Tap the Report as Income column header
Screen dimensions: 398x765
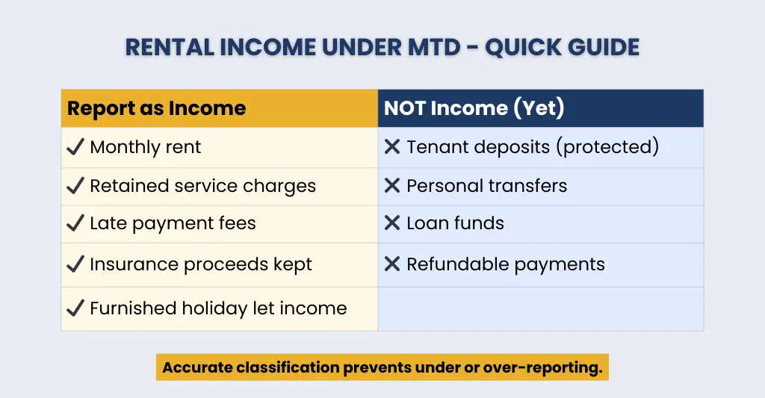[156, 108]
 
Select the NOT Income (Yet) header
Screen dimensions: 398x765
[474, 108]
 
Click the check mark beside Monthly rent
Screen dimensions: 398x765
[75, 147]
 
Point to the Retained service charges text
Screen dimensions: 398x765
[202, 186]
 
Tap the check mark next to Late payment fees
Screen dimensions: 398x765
[75, 223]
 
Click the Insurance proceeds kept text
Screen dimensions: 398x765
[201, 264]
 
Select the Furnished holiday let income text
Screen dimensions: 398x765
[218, 308]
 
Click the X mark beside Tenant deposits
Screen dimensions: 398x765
[392, 147]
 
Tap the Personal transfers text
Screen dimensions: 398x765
[486, 186]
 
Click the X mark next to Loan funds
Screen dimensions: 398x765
[392, 223]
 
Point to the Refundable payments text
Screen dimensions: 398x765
[505, 264]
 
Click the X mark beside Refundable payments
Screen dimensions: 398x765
[392, 264]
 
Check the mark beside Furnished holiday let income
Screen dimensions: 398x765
[75, 308]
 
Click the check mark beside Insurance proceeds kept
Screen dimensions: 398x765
[75, 264]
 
